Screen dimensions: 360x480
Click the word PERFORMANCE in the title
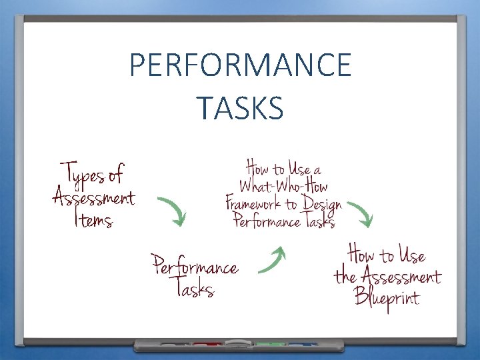[240, 65]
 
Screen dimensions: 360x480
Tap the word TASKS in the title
[240, 107]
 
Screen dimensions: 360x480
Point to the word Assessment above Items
[93, 198]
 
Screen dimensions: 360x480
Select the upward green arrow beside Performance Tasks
[272, 260]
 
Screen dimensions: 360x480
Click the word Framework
[260, 203]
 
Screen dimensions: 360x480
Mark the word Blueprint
[387, 296]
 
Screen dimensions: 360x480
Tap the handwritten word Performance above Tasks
[194, 266]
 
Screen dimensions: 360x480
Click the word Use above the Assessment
[412, 255]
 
